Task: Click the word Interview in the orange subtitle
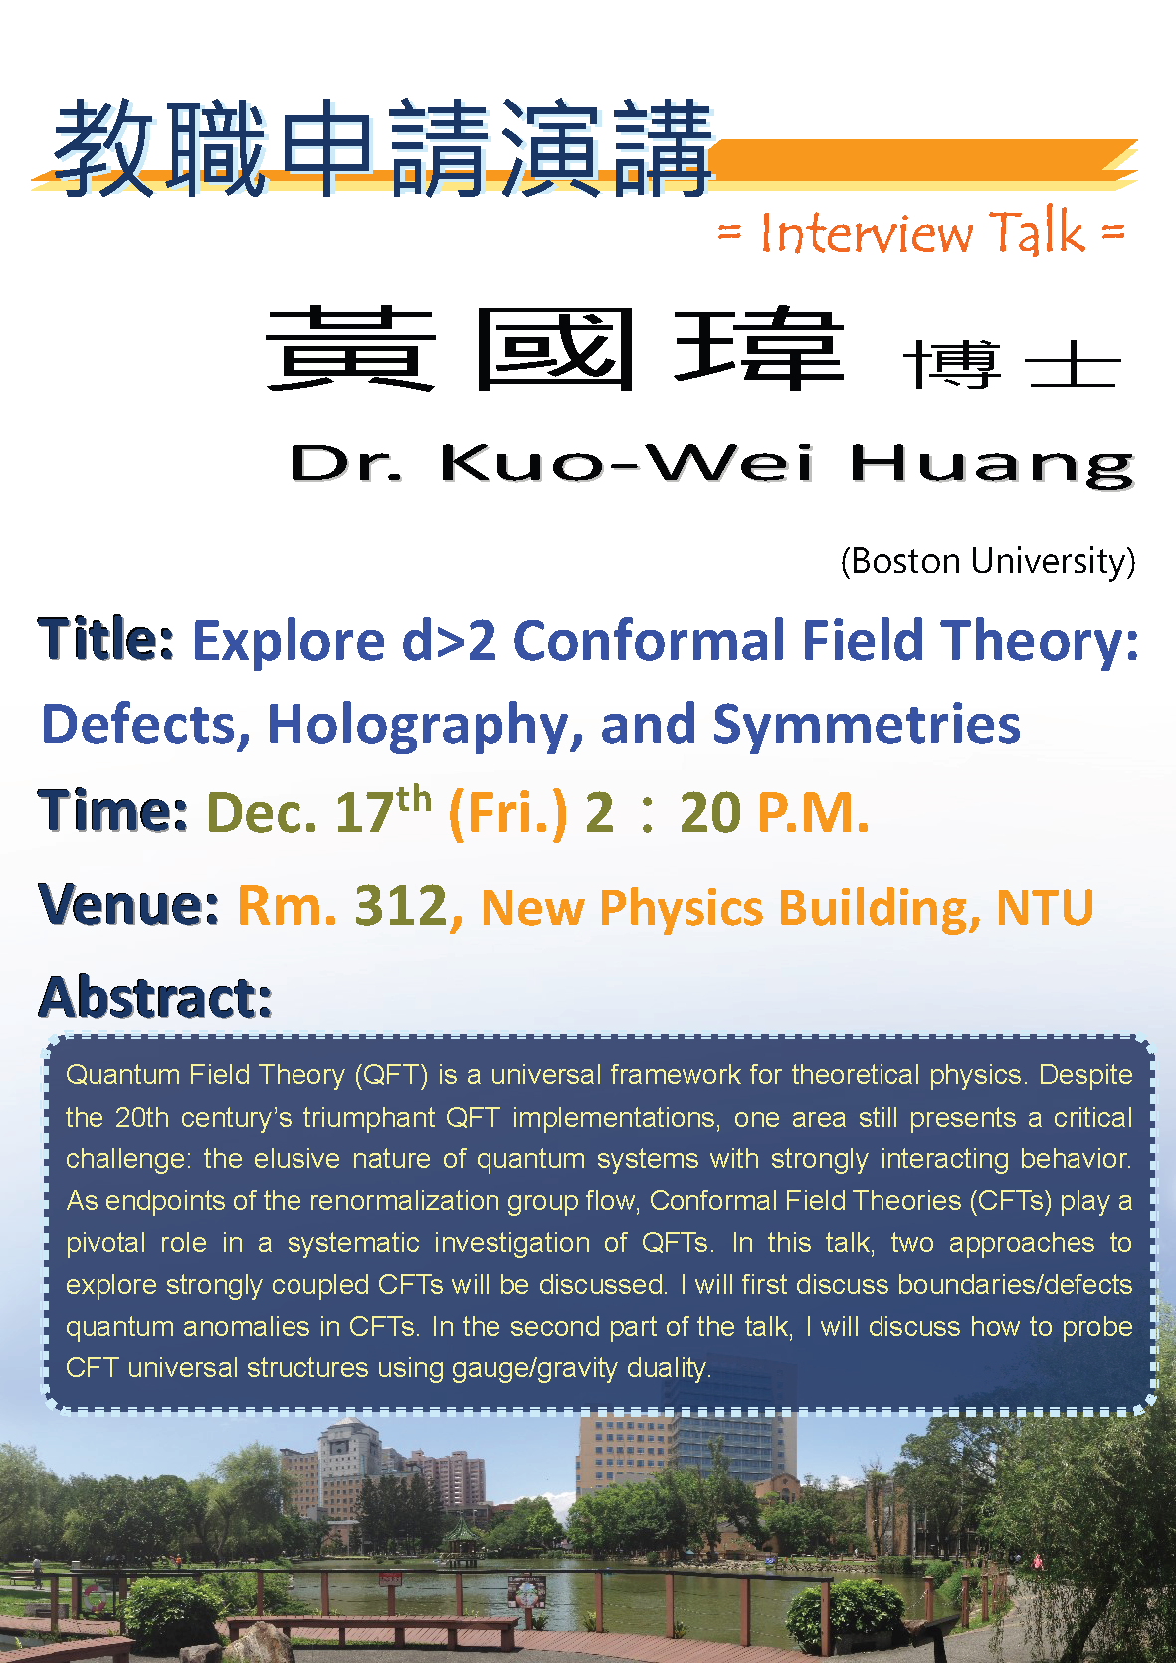click(867, 233)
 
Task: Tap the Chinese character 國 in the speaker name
click(554, 348)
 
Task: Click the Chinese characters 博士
click(1012, 364)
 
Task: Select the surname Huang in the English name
click(993, 466)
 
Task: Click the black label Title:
click(106, 639)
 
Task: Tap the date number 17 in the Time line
click(364, 813)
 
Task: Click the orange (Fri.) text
click(507, 814)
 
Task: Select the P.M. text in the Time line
click(812, 814)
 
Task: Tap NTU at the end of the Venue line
click(1045, 907)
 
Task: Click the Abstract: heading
click(155, 997)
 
